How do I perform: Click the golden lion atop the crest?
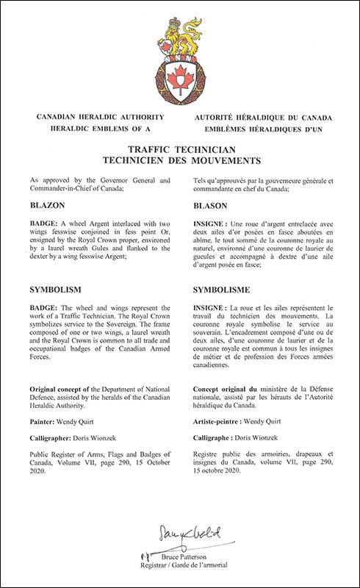click(x=180, y=33)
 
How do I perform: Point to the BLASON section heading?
click(x=214, y=207)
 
